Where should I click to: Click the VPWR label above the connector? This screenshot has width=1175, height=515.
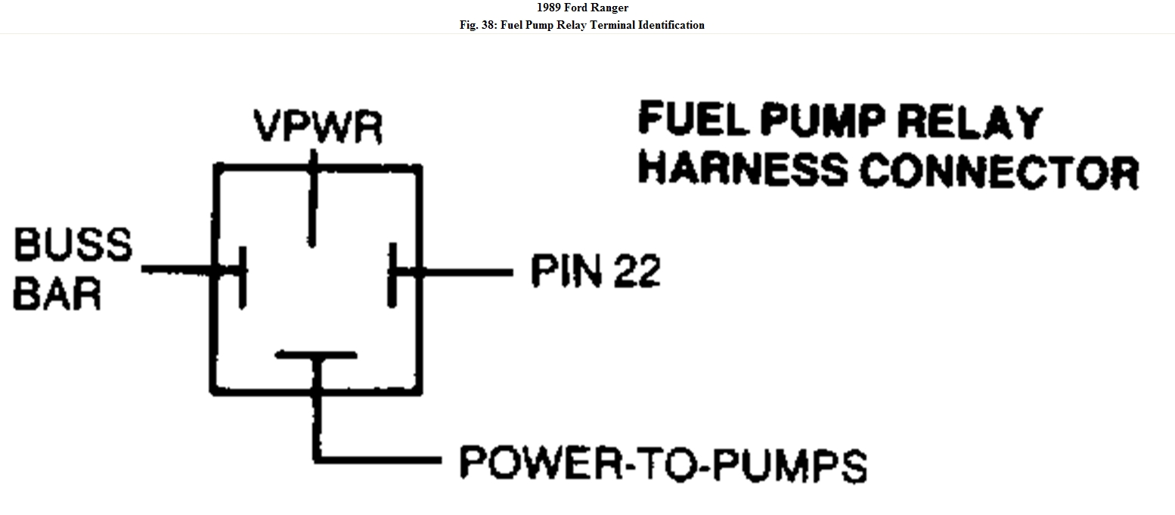point(318,128)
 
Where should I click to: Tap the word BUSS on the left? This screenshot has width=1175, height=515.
point(73,245)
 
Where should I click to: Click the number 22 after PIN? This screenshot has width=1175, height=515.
point(636,270)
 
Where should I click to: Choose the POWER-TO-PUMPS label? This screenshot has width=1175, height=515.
point(663,464)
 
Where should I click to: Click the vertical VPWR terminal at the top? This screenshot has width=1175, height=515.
point(312,200)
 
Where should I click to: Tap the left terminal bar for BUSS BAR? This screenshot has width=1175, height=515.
point(241,276)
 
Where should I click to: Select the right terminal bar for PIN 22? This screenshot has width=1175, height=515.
point(392,274)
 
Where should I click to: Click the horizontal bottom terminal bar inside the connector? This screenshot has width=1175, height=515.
point(315,354)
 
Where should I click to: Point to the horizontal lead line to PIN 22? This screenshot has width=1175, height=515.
point(465,271)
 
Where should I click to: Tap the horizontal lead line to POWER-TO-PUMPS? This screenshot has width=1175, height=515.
point(378,459)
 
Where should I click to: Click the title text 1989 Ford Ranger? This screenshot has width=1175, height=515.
point(587,8)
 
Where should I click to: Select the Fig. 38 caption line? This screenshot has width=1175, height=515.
point(587,25)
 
